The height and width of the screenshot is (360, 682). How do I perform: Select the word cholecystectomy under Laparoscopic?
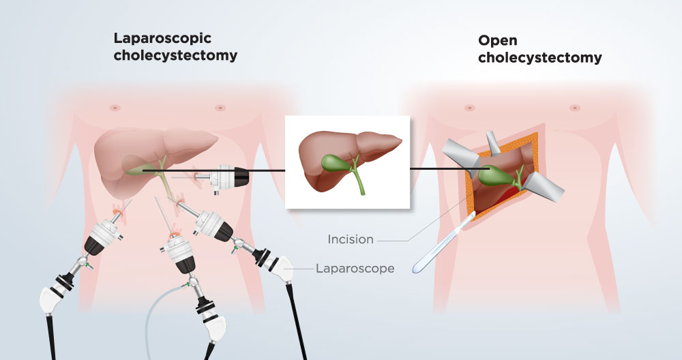[175, 56]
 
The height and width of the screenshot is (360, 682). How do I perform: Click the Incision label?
[351, 239]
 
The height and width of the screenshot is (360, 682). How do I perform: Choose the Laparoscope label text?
[355, 269]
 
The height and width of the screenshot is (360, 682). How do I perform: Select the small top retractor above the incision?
[492, 142]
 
